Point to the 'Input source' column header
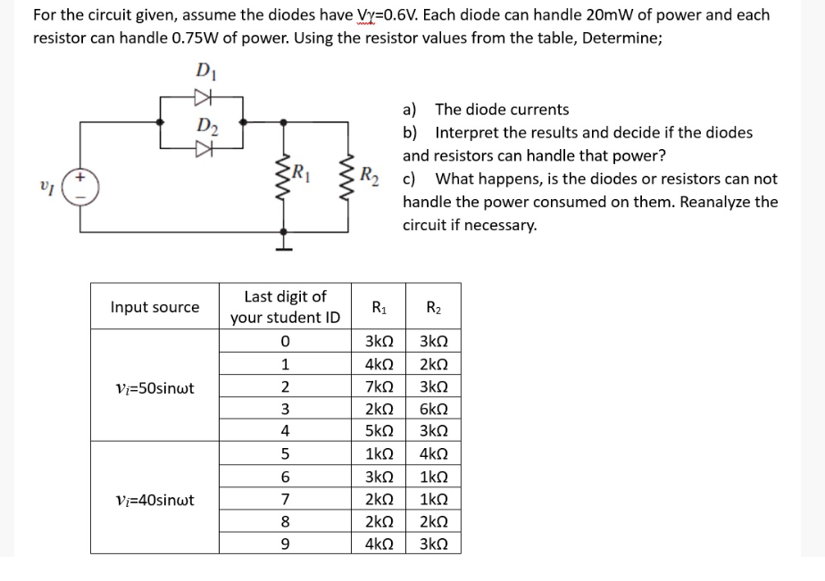coord(154,307)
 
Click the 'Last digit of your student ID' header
coord(284,307)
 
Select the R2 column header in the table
coord(434,307)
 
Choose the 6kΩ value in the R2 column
coord(434,410)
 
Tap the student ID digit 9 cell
coord(284,544)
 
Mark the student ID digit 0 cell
coord(284,343)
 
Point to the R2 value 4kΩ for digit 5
coord(434,454)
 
